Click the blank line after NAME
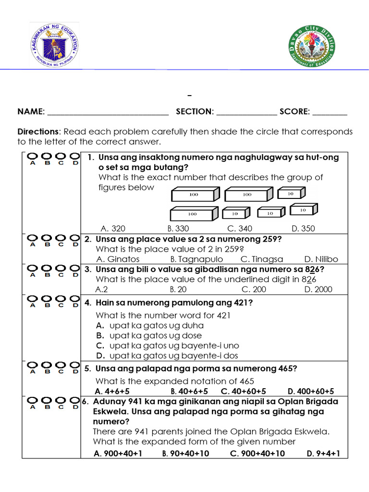pyautogui.click(x=108, y=112)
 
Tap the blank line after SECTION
pyautogui.click(x=246, y=112)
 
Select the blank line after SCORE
pyautogui.click(x=330, y=112)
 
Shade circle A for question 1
pyautogui.click(x=33, y=156)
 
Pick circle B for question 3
pyautogui.click(x=47, y=268)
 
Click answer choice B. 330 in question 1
pyautogui.click(x=178, y=229)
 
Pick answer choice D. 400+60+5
pyautogui.click(x=310, y=391)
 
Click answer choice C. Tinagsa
pyautogui.click(x=262, y=259)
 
